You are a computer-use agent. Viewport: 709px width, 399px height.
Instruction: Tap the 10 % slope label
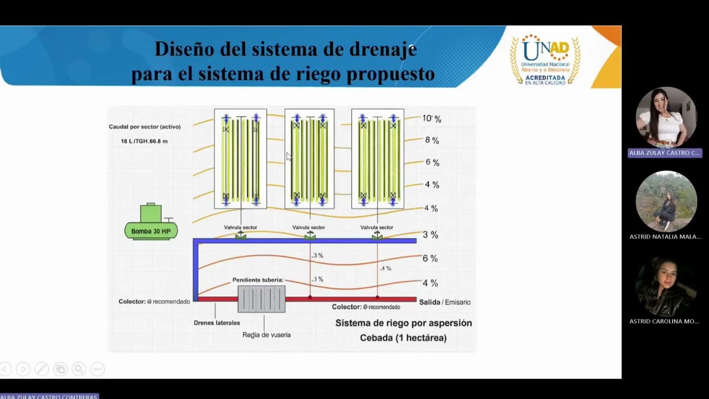coord(431,119)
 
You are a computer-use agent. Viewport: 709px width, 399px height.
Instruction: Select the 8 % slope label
coord(432,141)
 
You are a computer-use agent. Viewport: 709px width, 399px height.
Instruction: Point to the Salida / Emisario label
coord(445,302)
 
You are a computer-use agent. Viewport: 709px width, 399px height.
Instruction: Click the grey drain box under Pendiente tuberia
coord(261,299)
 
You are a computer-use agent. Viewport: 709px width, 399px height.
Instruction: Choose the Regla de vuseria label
coord(266,335)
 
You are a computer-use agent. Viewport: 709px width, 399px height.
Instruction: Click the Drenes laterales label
coord(217,323)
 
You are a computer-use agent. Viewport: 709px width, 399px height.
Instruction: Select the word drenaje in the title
coord(383,49)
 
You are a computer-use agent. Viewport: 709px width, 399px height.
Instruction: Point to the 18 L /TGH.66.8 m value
coord(144,141)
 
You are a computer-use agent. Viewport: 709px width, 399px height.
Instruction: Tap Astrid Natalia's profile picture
coord(665,201)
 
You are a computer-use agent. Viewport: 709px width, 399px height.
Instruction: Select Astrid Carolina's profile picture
coord(665,287)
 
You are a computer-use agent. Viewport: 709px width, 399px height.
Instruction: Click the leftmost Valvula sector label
coord(240,227)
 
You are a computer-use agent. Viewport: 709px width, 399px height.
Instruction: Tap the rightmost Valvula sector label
coord(377,227)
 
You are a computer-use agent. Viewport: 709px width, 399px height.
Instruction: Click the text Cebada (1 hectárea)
coord(403,337)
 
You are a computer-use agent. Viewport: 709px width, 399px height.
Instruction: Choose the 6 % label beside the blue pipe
coord(430,259)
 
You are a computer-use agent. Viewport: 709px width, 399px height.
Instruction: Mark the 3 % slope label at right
coord(430,235)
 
